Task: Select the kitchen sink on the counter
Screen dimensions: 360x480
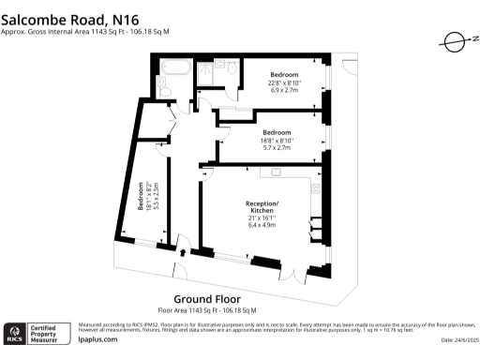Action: pos(278,172)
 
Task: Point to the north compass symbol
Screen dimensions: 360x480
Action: pos(454,40)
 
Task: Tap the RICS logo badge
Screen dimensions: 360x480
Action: pos(16,334)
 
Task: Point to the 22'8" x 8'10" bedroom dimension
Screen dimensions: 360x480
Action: pos(284,83)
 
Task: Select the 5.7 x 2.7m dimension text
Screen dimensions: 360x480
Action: pos(277,148)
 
